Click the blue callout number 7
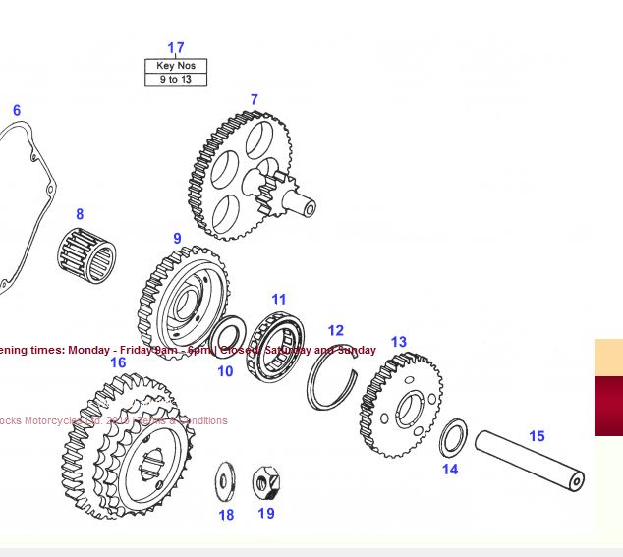254,100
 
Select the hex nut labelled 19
263,482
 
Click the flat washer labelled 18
226,480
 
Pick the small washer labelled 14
452,438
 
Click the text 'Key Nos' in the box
176,66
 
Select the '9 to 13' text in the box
176,80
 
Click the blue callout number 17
176,48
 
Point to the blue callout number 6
17,111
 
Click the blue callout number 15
537,436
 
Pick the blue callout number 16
118,362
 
